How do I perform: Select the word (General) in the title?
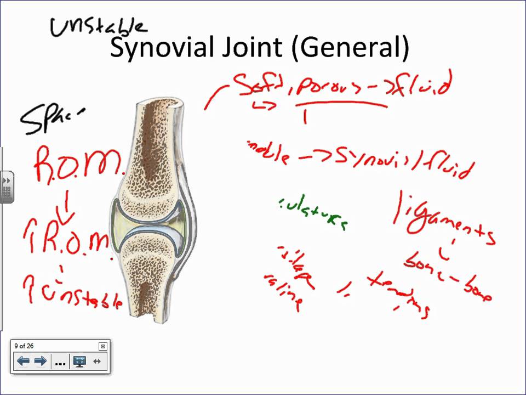(351, 48)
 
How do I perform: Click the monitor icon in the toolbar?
(79, 362)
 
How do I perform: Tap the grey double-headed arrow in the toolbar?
(97, 361)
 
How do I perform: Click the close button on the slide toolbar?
(102, 346)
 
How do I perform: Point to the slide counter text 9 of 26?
(24, 346)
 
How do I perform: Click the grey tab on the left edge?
(7, 187)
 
